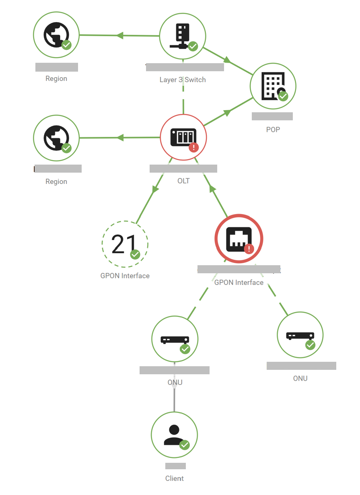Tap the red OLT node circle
coord(183,138)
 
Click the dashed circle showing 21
coord(125,244)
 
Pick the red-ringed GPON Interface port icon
coord(239,239)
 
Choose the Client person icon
coord(174,435)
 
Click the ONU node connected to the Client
coord(175,339)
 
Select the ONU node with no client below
coord(300,335)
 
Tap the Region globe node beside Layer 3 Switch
coord(56,35)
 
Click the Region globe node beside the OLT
coord(56,138)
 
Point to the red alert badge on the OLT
coord(194,147)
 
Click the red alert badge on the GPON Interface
coord(249,249)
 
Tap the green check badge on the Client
coord(185,445)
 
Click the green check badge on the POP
coord(283,96)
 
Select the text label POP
coord(273,130)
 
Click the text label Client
coord(175,479)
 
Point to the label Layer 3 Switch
coord(183,80)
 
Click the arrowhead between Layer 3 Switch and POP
coord(227,60)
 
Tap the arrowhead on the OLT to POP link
coord(227,113)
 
